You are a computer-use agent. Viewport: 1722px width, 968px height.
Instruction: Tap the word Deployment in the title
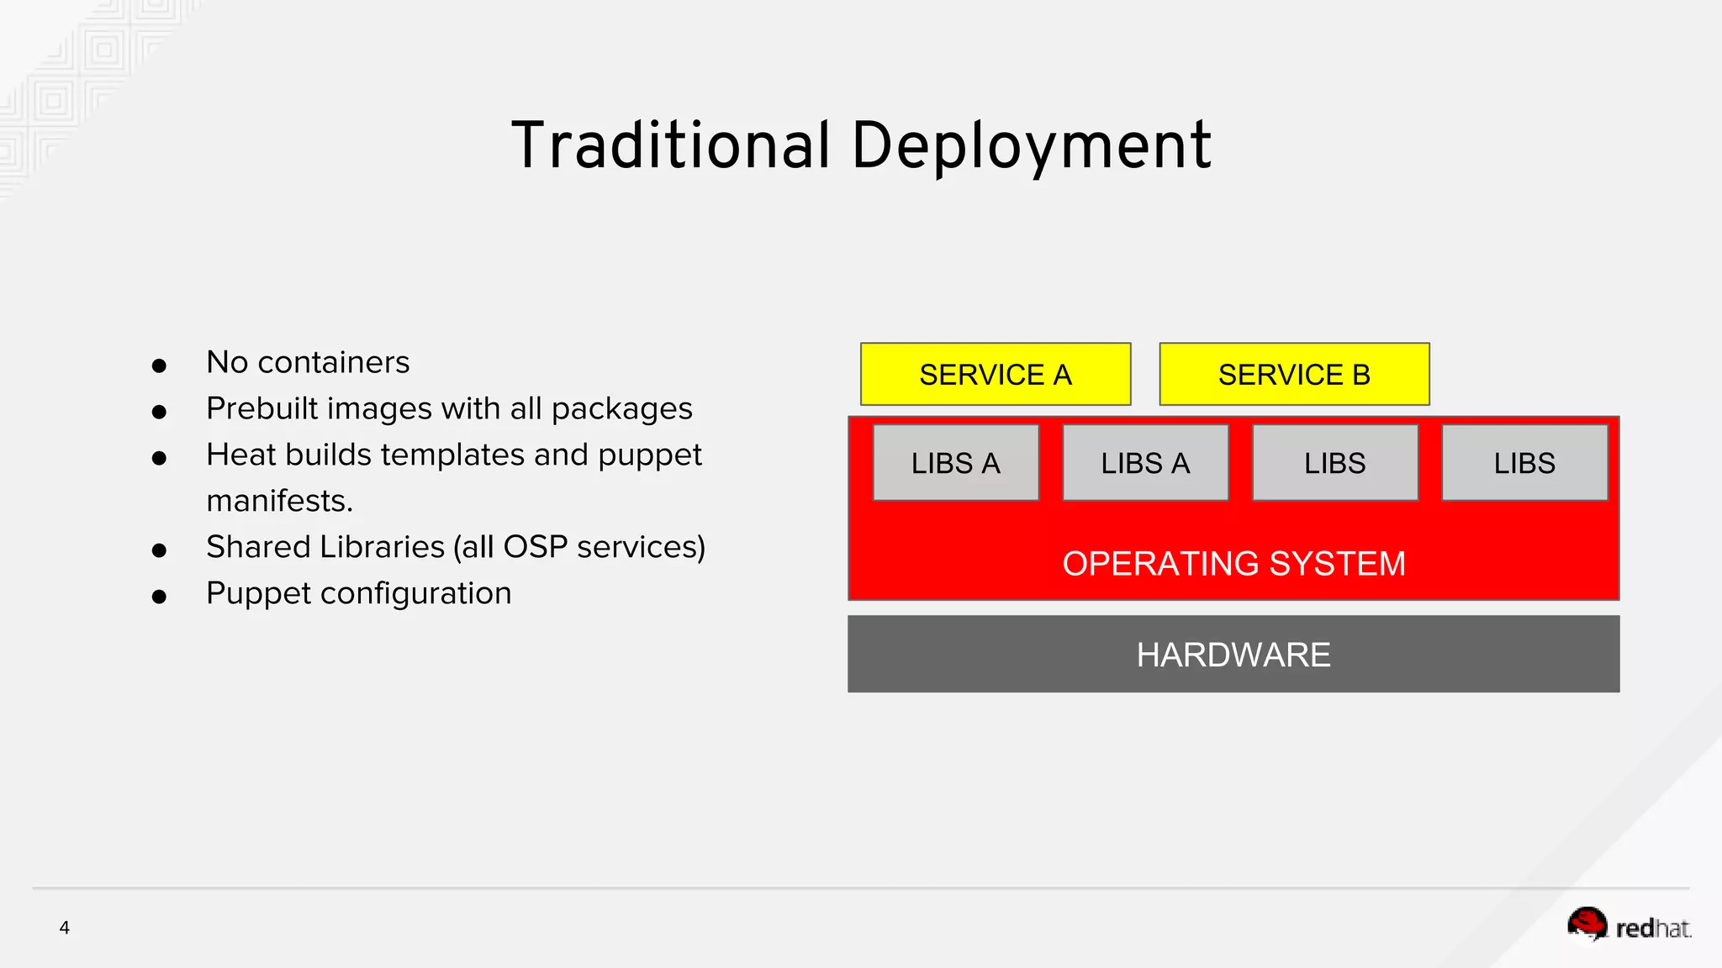click(x=1032, y=145)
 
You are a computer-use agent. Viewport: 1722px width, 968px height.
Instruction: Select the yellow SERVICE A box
click(x=996, y=374)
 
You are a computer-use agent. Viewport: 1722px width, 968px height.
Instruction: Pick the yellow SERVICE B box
click(x=1294, y=374)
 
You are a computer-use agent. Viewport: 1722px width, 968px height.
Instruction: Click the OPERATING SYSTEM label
click(x=1233, y=563)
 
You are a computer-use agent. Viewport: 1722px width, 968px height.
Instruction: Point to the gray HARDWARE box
click(x=1233, y=654)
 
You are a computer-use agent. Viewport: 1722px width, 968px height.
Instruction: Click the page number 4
click(x=65, y=928)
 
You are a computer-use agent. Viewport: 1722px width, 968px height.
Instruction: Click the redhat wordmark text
click(x=1653, y=929)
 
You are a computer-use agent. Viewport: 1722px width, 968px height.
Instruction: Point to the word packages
click(x=621, y=408)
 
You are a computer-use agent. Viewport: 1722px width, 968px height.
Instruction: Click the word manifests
click(x=279, y=501)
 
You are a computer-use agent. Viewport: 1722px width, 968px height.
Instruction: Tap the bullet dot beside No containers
click(x=159, y=366)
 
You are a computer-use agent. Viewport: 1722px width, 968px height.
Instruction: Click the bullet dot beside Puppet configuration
click(x=159, y=597)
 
